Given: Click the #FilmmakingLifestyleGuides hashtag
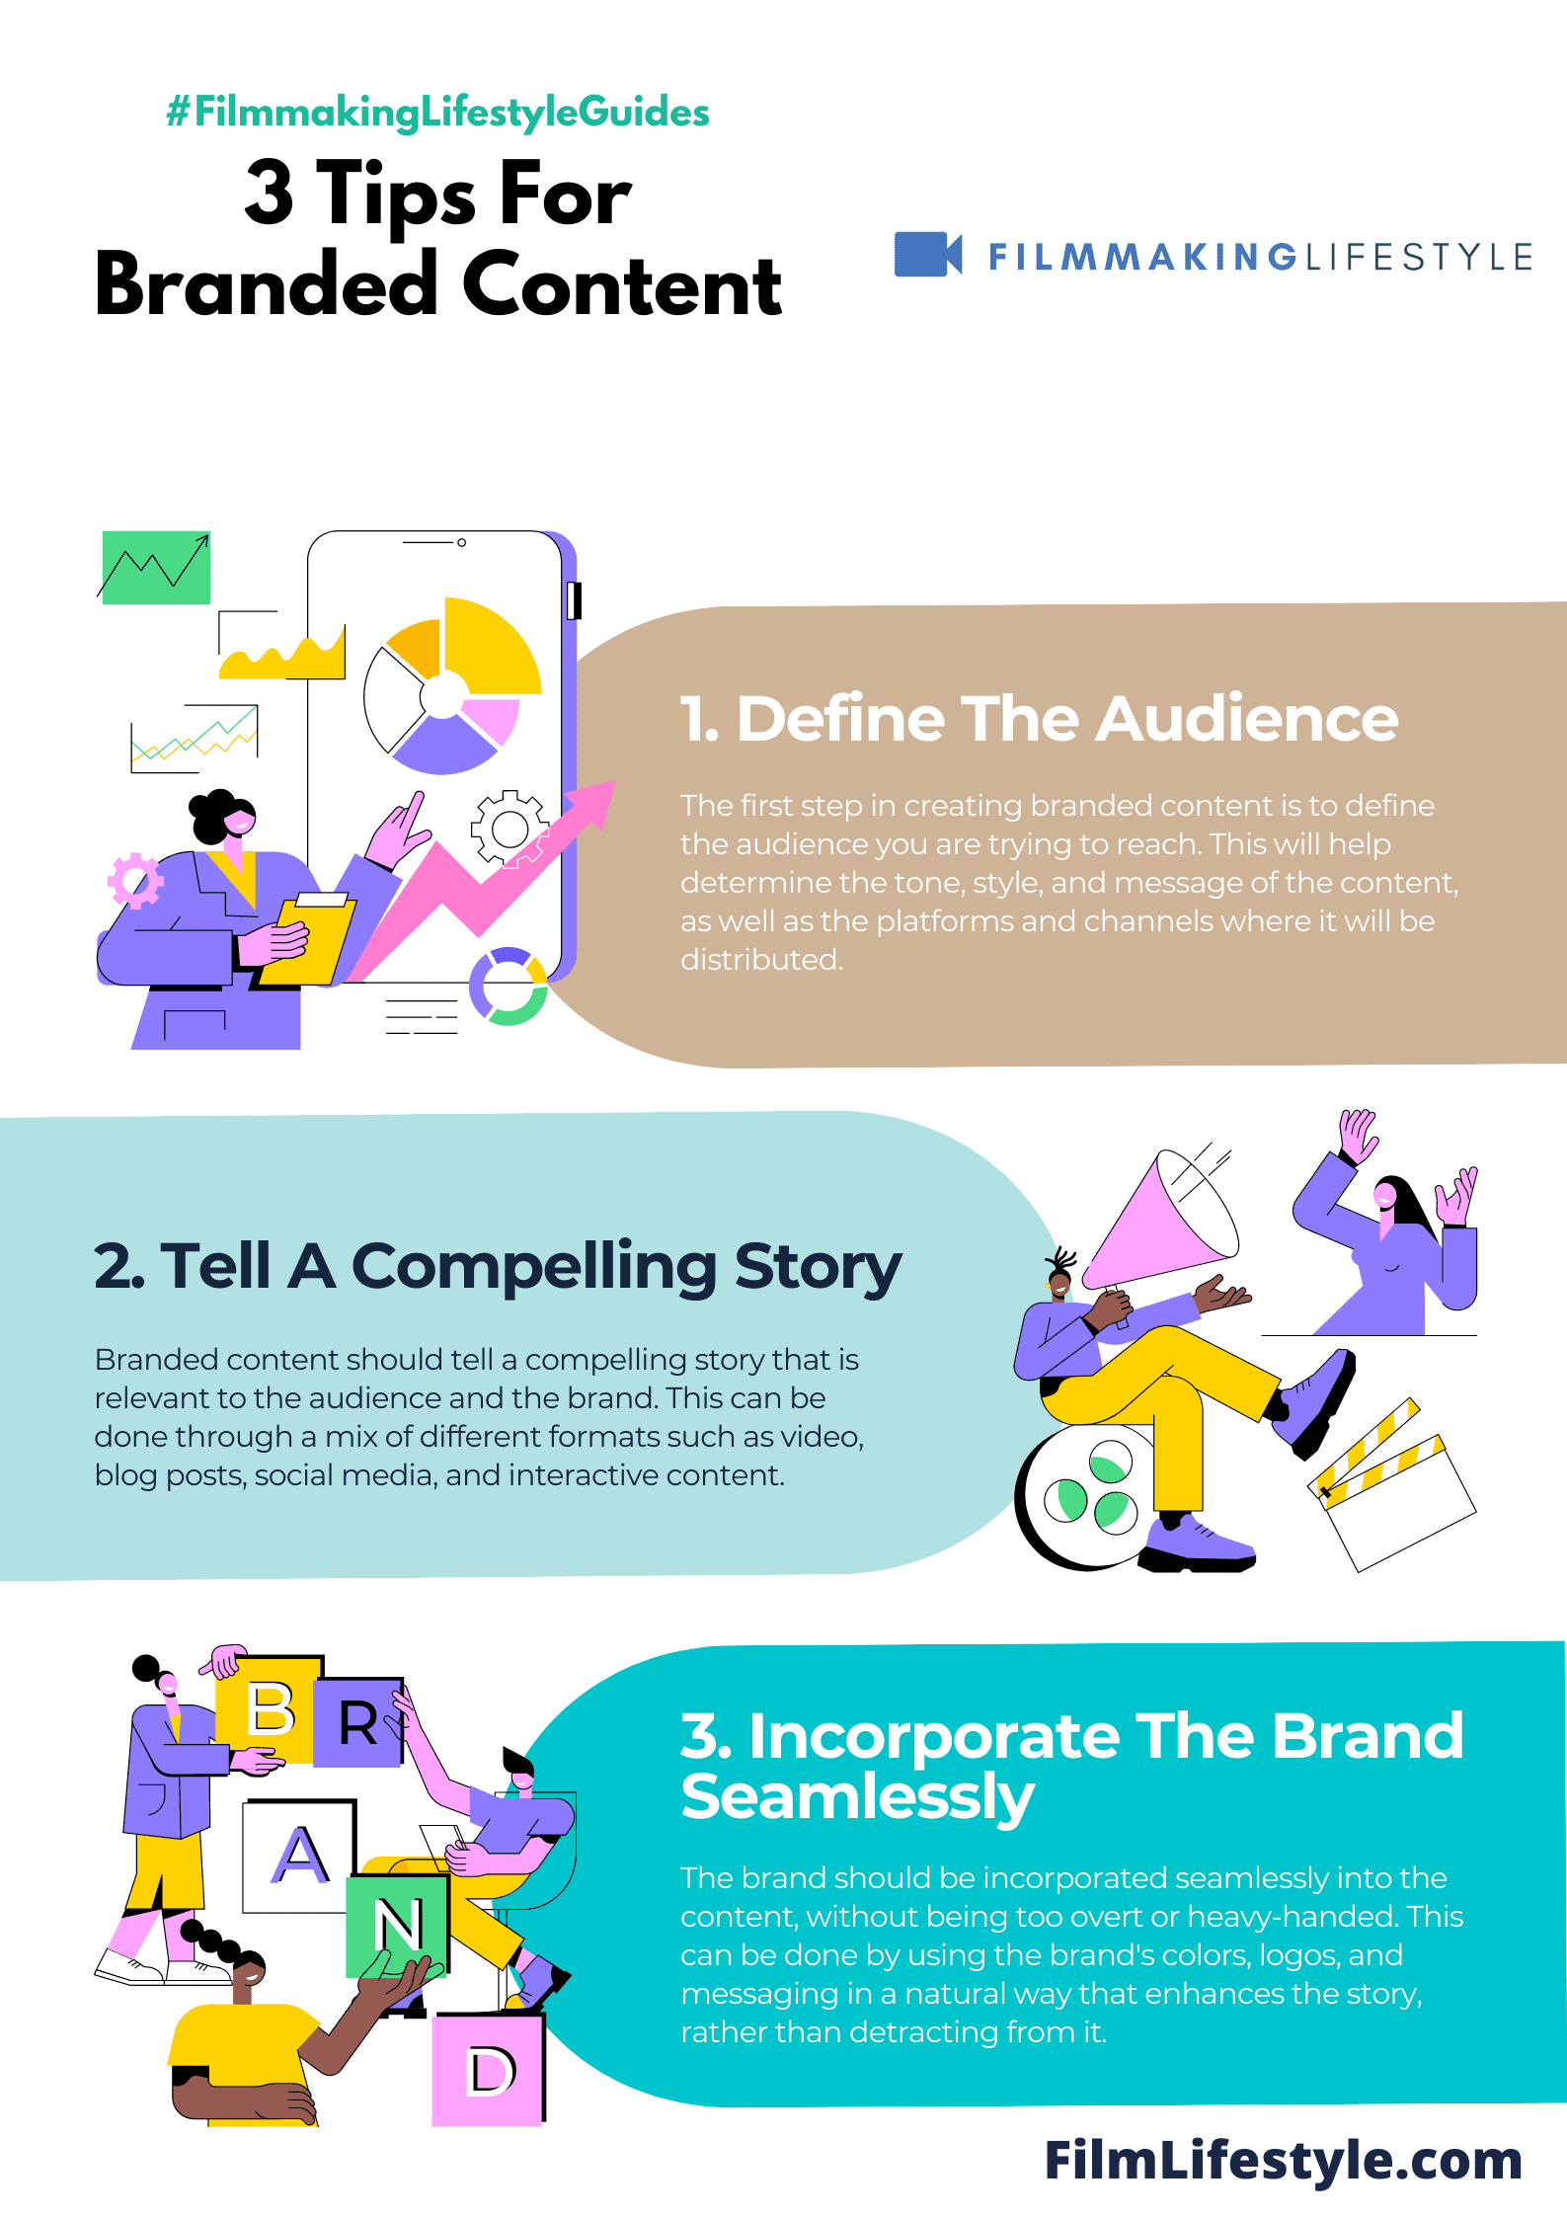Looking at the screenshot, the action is pos(437,112).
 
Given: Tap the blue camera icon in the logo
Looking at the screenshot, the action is pos(928,254).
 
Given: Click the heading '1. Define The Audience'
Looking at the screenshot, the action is pos(1039,718).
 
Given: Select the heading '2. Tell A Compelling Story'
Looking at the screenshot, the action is pos(498,1267).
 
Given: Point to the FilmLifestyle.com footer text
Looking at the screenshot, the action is pos(1284,2160).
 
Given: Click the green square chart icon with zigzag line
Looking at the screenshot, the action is pos(156,567).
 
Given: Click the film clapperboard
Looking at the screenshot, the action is pos(1392,1486).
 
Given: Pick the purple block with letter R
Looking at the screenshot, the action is pos(358,1721).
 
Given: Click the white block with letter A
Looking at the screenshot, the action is pos(299,1855).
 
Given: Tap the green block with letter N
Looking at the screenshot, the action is pos(398,1926).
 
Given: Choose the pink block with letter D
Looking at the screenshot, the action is pos(489,2069).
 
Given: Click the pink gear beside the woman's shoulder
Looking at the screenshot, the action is pos(135,880).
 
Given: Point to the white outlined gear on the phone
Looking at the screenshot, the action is pos(509,828).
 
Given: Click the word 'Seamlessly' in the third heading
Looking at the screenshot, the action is pos(857,1796).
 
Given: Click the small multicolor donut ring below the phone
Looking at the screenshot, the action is pos(509,986).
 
